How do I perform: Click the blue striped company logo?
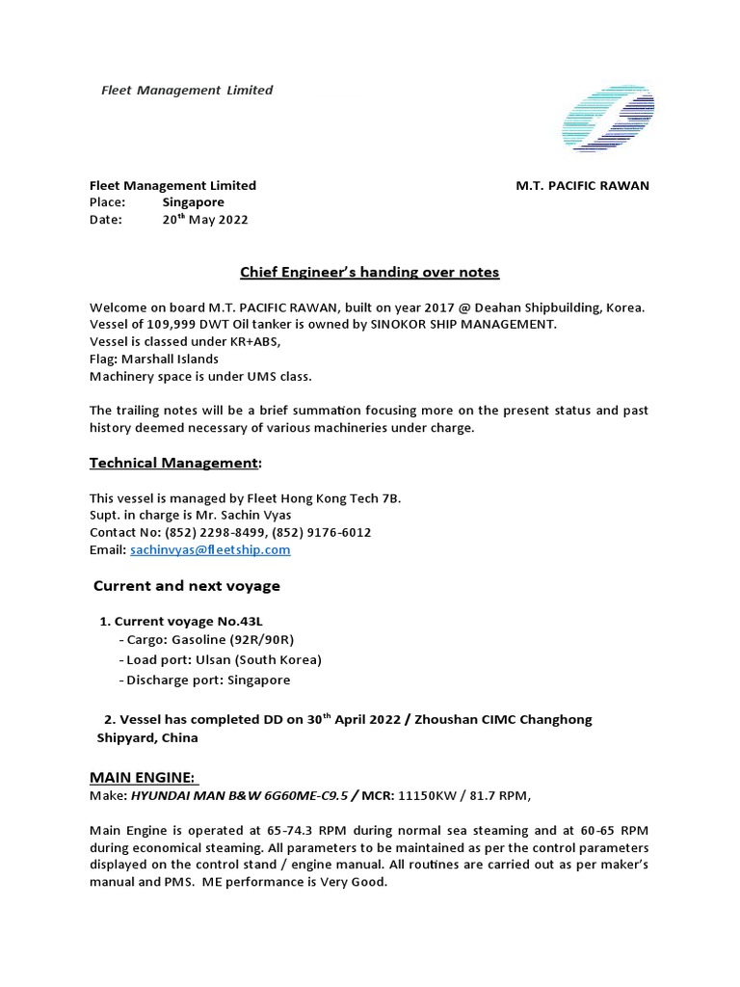pos(608,120)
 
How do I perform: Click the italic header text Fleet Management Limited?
pos(187,90)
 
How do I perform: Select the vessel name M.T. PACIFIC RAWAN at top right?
pos(582,185)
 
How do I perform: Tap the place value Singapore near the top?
pos(193,202)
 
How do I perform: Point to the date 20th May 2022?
pos(204,220)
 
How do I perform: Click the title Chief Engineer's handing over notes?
pos(369,272)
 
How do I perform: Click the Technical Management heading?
pos(174,463)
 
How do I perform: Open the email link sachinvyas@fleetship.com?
pos(209,549)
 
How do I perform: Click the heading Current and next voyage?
pos(186,586)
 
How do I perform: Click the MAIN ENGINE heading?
pos(143,776)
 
